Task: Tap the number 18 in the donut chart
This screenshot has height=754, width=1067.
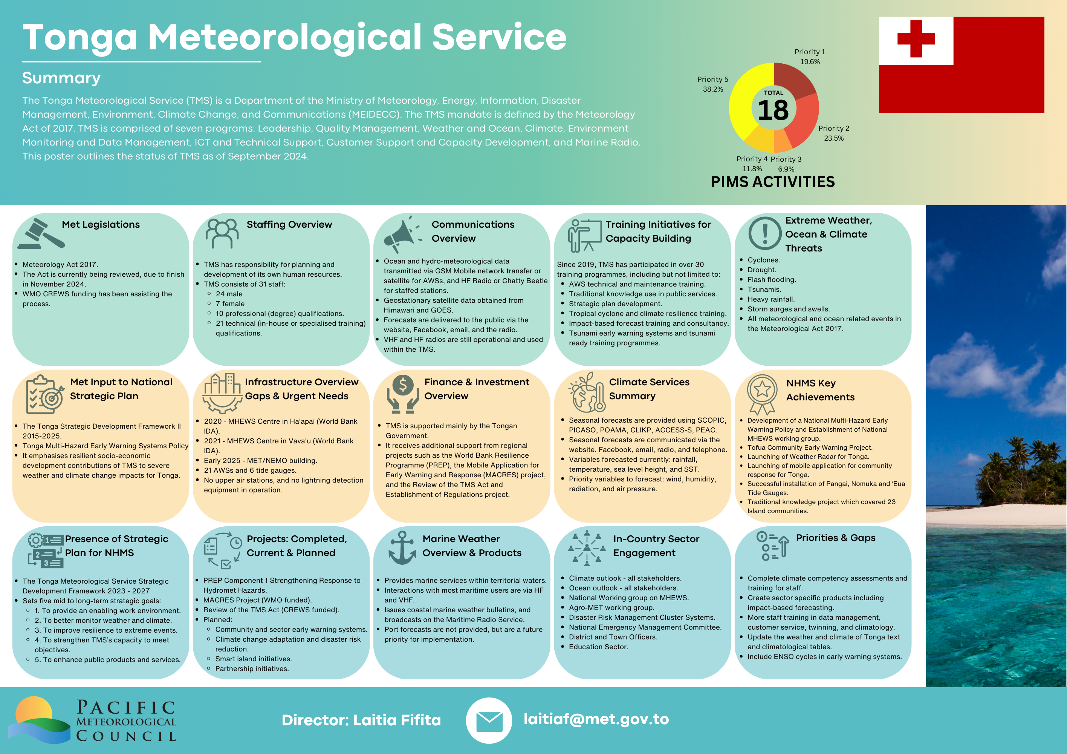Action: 773,110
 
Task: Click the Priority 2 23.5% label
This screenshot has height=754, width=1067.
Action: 834,133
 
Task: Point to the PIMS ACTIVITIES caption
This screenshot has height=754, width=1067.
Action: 773,182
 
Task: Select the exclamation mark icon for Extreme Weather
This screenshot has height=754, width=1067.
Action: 764,233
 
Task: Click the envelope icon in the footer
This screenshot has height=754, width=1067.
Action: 489,720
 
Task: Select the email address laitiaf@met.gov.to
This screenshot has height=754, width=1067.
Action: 596,719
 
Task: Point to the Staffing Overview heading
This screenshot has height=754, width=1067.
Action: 289,225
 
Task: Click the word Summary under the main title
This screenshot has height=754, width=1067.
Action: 61,78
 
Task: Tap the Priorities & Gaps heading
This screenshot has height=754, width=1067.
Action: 836,538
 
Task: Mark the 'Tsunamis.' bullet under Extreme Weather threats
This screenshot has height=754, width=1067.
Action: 764,289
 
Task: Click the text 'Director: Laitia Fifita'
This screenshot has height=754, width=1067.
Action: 361,720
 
